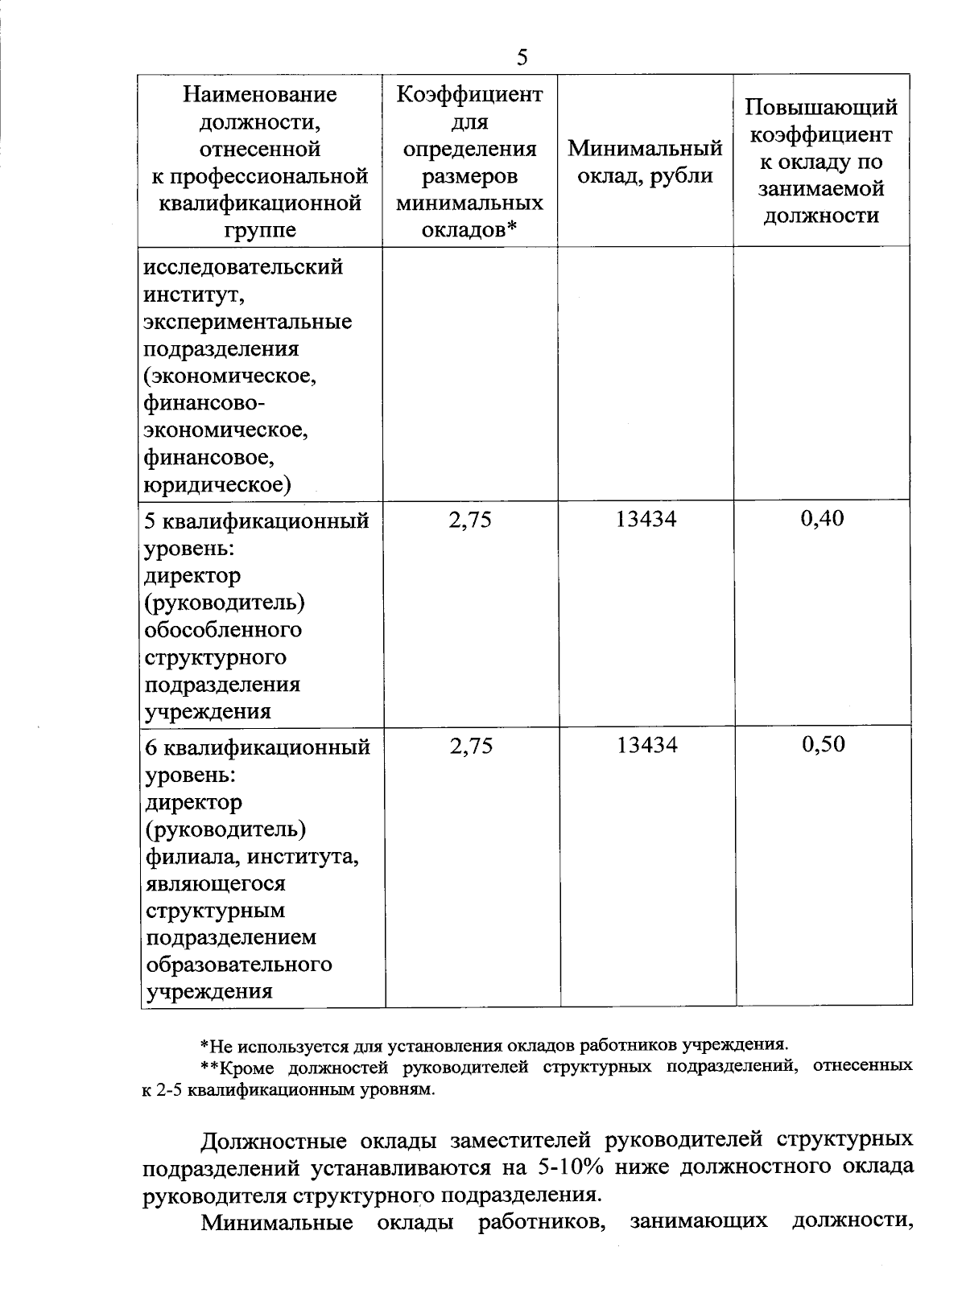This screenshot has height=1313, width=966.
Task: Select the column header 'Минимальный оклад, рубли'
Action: pyautogui.click(x=646, y=161)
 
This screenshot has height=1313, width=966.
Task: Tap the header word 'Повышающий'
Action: pyautogui.click(x=820, y=107)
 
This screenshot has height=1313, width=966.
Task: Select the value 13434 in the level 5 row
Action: pyautogui.click(x=646, y=520)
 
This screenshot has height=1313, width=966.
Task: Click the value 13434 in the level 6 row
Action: pyautogui.click(x=647, y=746)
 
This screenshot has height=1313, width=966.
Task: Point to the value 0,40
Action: pyautogui.click(x=822, y=519)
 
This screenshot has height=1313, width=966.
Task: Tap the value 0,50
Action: pyautogui.click(x=823, y=744)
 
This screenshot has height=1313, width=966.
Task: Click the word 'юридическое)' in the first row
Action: pyautogui.click(x=217, y=484)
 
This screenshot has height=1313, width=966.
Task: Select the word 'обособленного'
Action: pyautogui.click(x=223, y=630)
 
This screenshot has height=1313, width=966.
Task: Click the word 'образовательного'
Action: pyautogui.click(x=238, y=964)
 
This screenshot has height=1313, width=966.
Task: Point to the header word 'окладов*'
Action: pyautogui.click(x=470, y=230)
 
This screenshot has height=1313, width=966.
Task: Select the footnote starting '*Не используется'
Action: pyautogui.click(x=493, y=1045)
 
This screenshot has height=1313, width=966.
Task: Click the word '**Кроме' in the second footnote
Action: pyautogui.click(x=233, y=1067)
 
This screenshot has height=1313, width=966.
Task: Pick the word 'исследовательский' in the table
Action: pyautogui.click(x=243, y=266)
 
